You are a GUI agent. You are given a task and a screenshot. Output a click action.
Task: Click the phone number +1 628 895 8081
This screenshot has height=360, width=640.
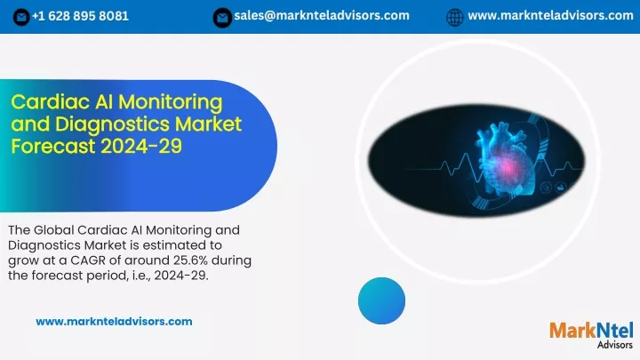tap(80, 16)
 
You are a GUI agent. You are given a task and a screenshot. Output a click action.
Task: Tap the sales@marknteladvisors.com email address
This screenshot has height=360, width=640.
tap(322, 15)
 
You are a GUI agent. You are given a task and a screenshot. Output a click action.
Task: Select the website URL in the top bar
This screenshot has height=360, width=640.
tap(550, 15)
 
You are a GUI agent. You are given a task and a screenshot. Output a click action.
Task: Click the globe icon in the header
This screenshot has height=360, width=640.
tap(455, 17)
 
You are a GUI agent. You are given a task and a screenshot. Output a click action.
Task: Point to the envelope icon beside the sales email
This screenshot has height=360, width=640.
tap(222, 18)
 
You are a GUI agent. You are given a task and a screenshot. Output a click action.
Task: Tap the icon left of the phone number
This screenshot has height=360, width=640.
tap(21, 17)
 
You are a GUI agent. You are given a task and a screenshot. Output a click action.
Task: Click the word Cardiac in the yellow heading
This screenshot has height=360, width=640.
tap(51, 102)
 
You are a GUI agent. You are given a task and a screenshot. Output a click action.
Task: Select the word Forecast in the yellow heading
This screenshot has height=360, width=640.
tap(53, 146)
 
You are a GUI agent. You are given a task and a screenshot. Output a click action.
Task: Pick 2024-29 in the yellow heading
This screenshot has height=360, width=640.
tap(141, 146)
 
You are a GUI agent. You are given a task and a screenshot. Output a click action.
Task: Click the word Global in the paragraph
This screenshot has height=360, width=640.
tap(53, 230)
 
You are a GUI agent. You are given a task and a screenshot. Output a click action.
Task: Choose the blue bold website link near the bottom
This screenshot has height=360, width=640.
tap(114, 322)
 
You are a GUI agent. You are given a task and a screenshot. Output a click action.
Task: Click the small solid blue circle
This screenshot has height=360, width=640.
tap(381, 300)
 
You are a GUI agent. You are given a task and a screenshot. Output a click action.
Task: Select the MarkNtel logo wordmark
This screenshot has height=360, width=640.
tap(591, 330)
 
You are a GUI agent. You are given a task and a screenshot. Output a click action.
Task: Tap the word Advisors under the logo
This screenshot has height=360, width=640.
tap(615, 345)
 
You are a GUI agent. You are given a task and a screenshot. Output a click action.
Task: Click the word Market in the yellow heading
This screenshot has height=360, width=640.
tap(209, 124)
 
